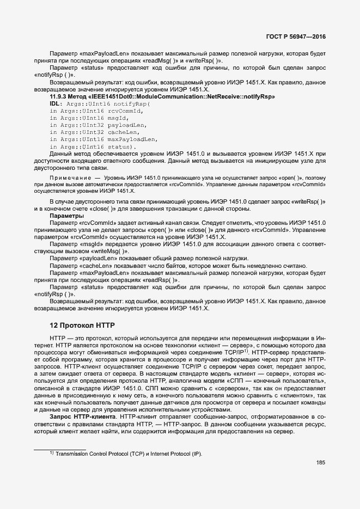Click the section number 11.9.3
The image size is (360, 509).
(60, 96)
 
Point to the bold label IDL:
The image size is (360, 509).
(57, 103)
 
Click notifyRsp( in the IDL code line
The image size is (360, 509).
(131, 103)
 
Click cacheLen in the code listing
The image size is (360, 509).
(124, 132)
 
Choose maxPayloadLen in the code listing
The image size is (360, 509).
(132, 139)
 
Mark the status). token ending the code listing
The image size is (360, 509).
(122, 146)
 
